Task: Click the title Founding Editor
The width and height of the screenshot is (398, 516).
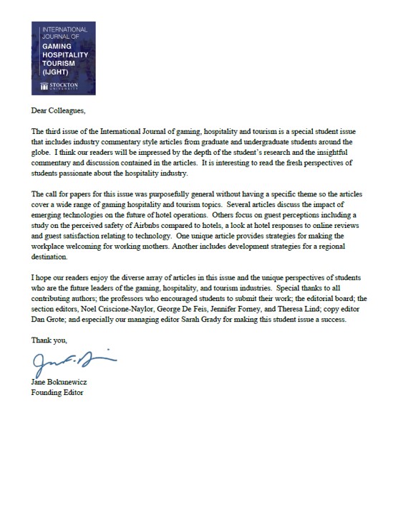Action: click(x=57, y=392)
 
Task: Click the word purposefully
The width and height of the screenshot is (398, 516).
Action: click(x=178, y=193)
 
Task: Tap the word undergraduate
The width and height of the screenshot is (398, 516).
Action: click(x=274, y=142)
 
